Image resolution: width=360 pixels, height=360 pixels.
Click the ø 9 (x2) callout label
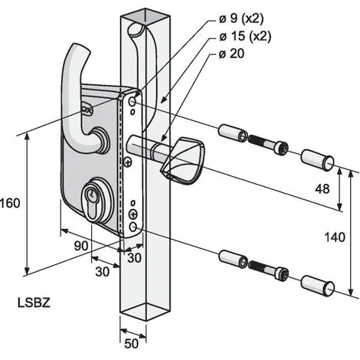pyautogui.click(x=241, y=18)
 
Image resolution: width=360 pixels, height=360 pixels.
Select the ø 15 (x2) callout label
pyautogui.click(x=244, y=36)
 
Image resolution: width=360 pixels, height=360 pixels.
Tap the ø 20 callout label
pyautogui.click(x=231, y=54)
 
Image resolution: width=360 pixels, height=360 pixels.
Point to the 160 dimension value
pyautogui.click(x=10, y=204)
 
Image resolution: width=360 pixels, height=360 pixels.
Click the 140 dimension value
pyautogui.click(x=335, y=237)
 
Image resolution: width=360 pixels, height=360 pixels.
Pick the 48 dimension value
pyautogui.click(x=322, y=189)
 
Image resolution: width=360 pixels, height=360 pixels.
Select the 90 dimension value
pyautogui.click(x=81, y=246)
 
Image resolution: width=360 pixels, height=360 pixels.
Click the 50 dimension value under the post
pyautogui.click(x=132, y=344)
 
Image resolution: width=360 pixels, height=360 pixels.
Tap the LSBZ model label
pyautogui.click(x=34, y=303)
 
